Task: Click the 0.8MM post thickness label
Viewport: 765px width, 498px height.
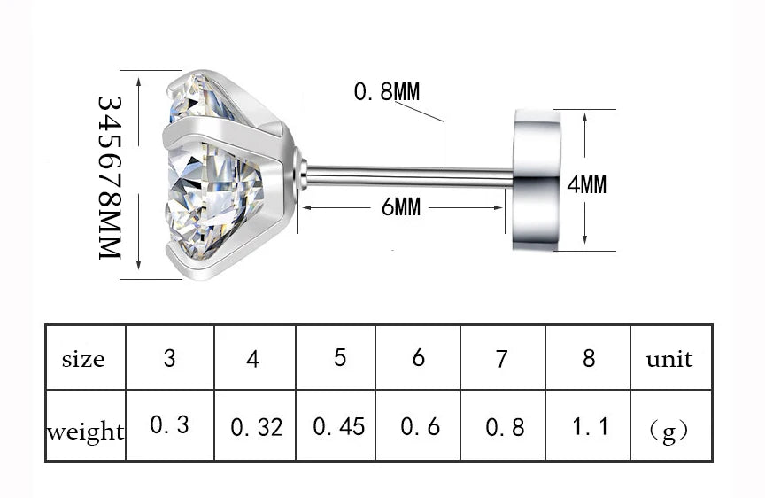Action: coord(386,91)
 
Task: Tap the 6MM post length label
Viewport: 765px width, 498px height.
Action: coord(400,207)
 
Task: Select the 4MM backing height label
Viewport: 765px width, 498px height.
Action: coord(586,184)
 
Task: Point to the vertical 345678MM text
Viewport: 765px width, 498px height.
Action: coord(108,177)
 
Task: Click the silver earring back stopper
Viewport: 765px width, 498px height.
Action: coord(536,179)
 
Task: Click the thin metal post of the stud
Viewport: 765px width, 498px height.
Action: coord(407,176)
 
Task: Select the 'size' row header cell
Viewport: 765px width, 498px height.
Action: coord(84,359)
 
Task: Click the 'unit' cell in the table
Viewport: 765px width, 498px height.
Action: coord(669,359)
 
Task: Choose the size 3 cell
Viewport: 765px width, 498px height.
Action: coord(169,359)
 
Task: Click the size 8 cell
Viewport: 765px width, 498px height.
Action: coord(589,358)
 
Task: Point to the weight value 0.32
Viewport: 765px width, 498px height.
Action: coord(256,427)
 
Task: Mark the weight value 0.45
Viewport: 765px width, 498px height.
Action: coord(338,426)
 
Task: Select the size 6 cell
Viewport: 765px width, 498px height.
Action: coord(419,358)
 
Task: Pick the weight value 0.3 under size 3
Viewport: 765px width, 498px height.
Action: coord(169,425)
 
